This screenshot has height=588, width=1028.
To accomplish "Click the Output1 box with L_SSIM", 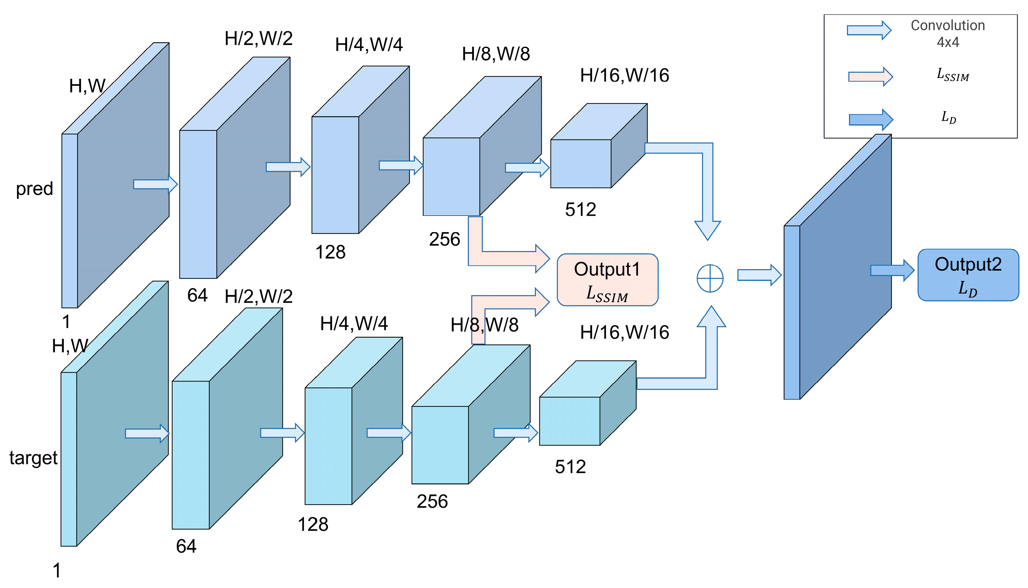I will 607,280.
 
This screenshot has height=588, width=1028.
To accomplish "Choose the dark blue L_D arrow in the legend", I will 870,119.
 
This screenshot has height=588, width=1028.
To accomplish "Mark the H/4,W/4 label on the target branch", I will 353,324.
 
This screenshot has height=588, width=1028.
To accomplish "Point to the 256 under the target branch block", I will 432,501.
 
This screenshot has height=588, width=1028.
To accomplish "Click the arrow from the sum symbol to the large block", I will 759,275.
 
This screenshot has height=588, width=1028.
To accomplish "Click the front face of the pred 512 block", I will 580,163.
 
